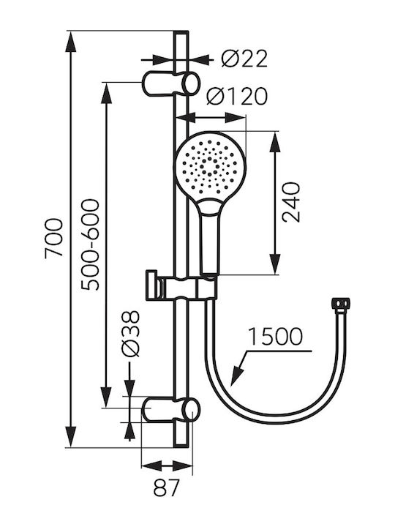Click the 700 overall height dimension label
tap(54, 238)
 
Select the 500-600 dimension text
tap(91, 244)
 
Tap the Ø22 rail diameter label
tap(244, 59)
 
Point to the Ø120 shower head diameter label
tap(237, 96)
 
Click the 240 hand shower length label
tap(291, 202)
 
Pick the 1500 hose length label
tap(276, 336)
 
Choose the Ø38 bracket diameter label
tap(131, 334)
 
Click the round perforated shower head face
tap(210, 167)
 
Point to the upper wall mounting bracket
tap(171, 83)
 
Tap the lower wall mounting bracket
tap(171, 409)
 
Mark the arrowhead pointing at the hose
tap(238, 375)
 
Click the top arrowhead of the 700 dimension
tap(70, 42)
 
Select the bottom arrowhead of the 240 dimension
tap(276, 264)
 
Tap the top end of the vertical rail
tap(181, 32)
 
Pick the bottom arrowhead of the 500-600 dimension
tap(106, 397)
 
